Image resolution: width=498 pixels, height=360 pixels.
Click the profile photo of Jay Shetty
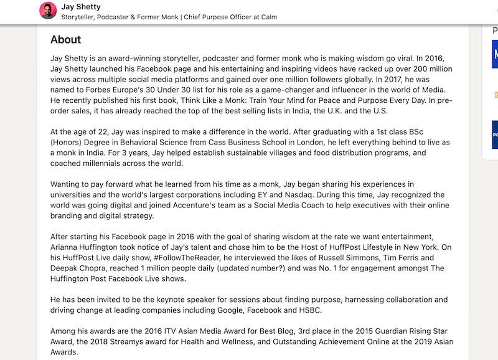pyautogui.click(x=47, y=11)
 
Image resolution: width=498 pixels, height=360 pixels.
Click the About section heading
pyautogui.click(x=65, y=39)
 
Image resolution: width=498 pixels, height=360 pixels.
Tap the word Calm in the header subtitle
pyautogui.click(x=268, y=17)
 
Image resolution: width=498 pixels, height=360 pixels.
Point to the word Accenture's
pyautogui.click(x=234, y=206)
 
